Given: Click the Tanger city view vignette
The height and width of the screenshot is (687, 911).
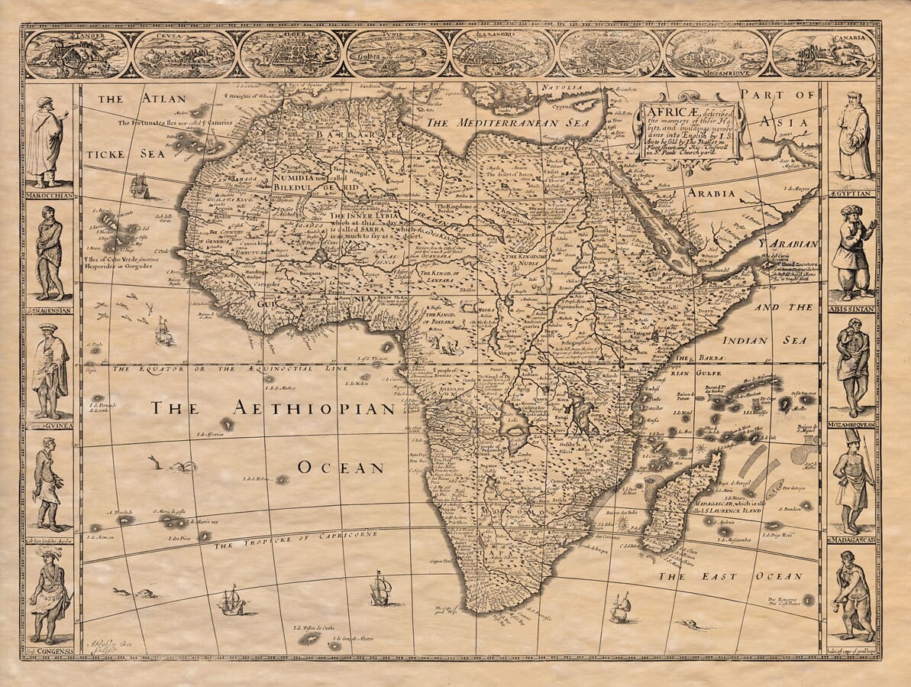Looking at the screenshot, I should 77,53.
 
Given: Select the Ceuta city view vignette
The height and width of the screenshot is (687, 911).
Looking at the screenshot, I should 183,53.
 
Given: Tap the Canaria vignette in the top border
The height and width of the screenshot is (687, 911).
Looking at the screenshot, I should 822,53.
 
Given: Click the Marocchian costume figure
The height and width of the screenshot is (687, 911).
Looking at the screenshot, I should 47,141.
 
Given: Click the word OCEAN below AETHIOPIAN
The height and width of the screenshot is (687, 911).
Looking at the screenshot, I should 341,467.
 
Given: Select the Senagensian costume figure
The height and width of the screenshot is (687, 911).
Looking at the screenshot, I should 49,252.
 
